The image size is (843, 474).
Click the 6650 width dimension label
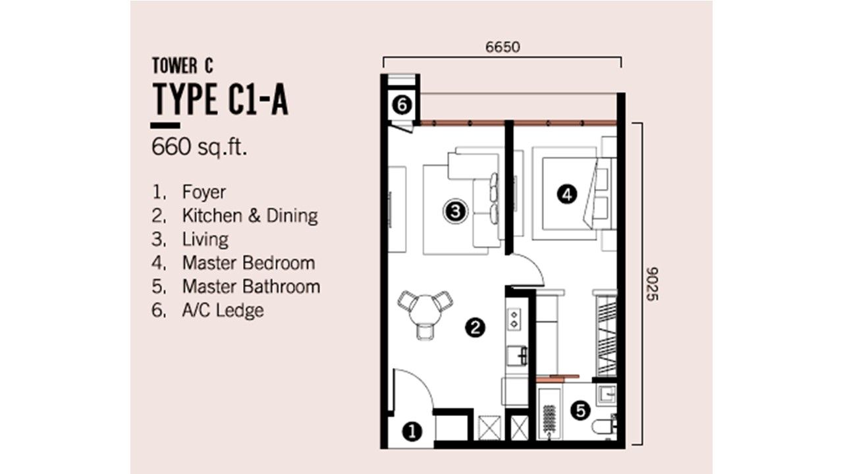click(x=503, y=47)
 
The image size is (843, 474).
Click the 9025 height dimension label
click(x=652, y=284)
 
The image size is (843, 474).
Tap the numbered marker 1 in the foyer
click(x=412, y=431)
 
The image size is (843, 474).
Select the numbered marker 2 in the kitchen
click(x=475, y=328)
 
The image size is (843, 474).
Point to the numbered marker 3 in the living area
click(x=455, y=211)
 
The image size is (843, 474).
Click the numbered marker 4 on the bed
click(x=567, y=194)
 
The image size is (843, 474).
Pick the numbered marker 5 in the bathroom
click(x=580, y=410)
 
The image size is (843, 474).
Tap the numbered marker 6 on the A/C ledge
click(x=402, y=105)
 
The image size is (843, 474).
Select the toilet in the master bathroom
click(x=605, y=427)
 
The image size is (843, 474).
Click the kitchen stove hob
click(x=514, y=319)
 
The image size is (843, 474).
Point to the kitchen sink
click(x=517, y=356)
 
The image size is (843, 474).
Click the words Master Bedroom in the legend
click(x=249, y=263)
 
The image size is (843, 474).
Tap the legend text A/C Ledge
click(x=223, y=310)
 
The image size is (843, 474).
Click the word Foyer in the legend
click(x=204, y=192)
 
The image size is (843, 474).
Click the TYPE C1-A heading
click(x=220, y=99)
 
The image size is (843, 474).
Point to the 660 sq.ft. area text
click(x=199, y=147)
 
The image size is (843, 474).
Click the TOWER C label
click(x=182, y=65)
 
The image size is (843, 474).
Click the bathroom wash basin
click(x=607, y=394)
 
